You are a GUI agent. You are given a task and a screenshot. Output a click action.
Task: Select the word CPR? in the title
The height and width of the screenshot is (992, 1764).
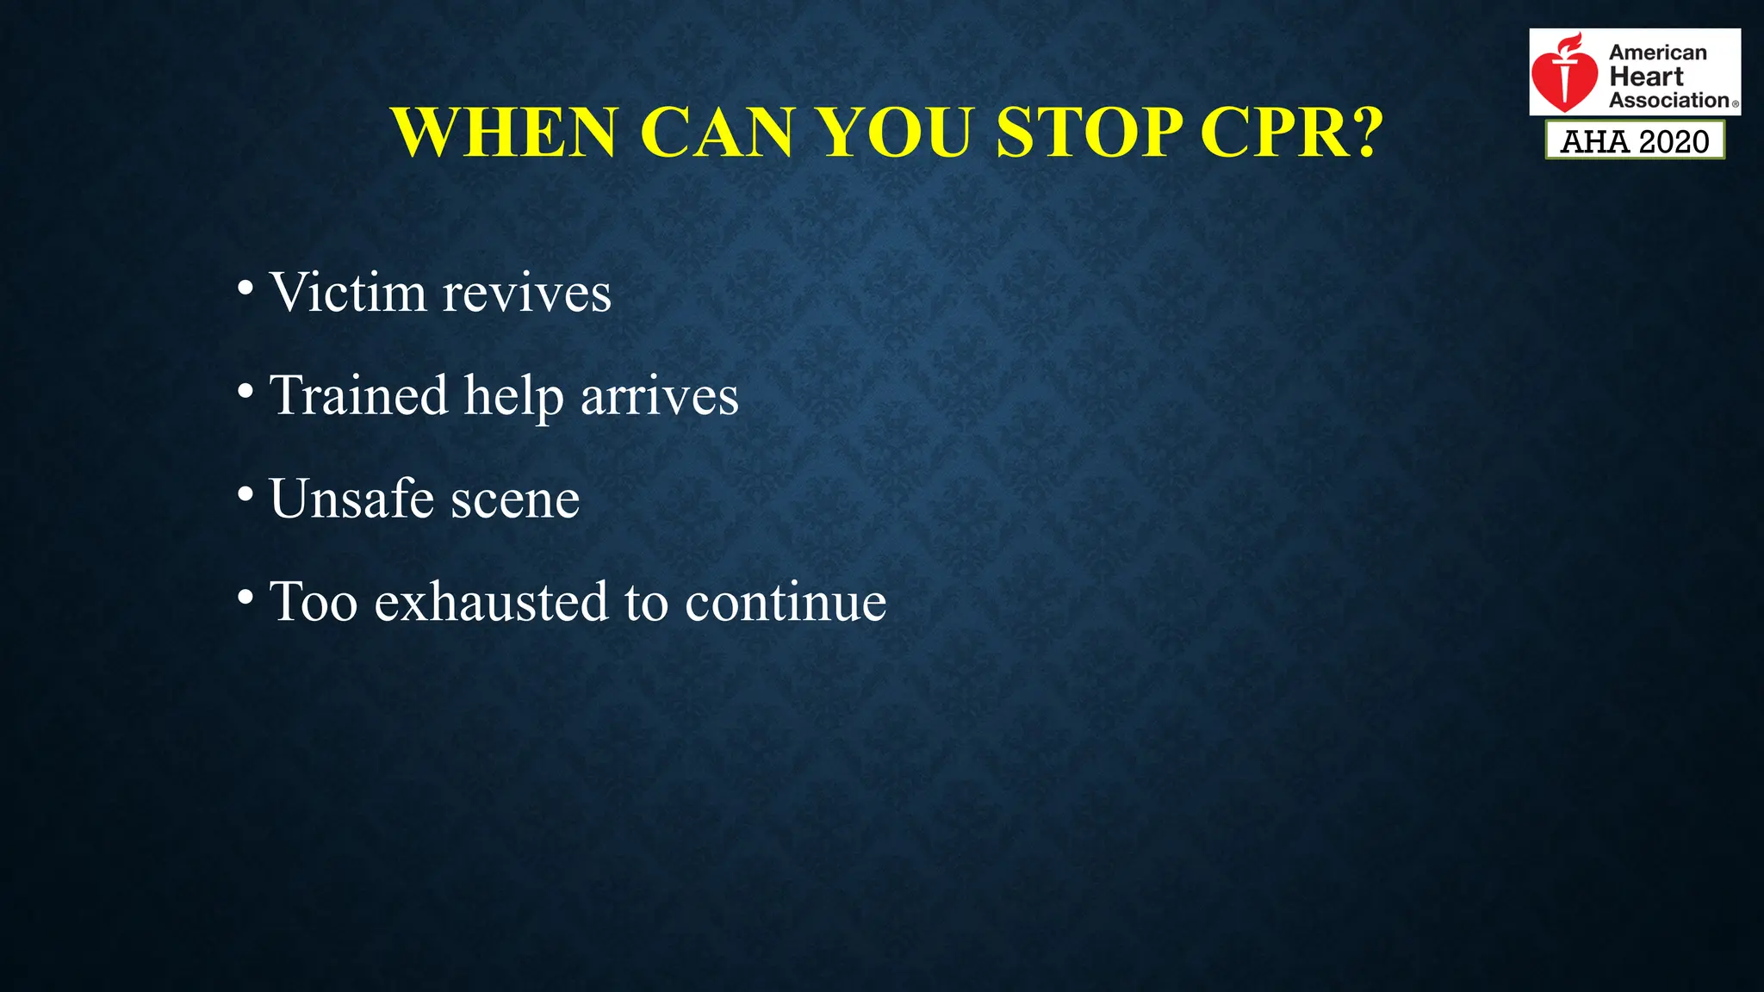[1292, 133]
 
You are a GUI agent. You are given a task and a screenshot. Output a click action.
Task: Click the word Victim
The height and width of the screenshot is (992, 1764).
[348, 292]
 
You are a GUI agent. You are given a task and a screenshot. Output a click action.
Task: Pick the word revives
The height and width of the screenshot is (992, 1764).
[526, 294]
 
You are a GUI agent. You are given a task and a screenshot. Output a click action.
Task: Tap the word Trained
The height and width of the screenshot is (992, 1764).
[358, 395]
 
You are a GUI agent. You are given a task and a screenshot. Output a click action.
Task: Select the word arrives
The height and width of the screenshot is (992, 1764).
[659, 397]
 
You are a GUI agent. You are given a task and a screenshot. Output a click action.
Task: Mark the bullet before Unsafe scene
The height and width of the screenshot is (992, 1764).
[245, 494]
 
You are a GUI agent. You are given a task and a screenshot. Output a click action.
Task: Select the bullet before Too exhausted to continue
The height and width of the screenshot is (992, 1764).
[245, 597]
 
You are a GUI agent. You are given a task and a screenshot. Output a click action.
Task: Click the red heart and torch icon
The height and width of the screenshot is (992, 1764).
[1564, 73]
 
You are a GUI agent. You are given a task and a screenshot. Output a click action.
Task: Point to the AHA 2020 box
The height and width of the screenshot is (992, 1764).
[1635, 140]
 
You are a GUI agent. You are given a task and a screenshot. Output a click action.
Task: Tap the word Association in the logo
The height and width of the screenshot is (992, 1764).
[1668, 101]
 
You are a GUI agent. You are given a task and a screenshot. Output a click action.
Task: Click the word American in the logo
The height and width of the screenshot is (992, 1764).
[1657, 53]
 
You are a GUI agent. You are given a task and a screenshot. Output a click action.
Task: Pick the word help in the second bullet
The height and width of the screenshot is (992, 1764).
[514, 397]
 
